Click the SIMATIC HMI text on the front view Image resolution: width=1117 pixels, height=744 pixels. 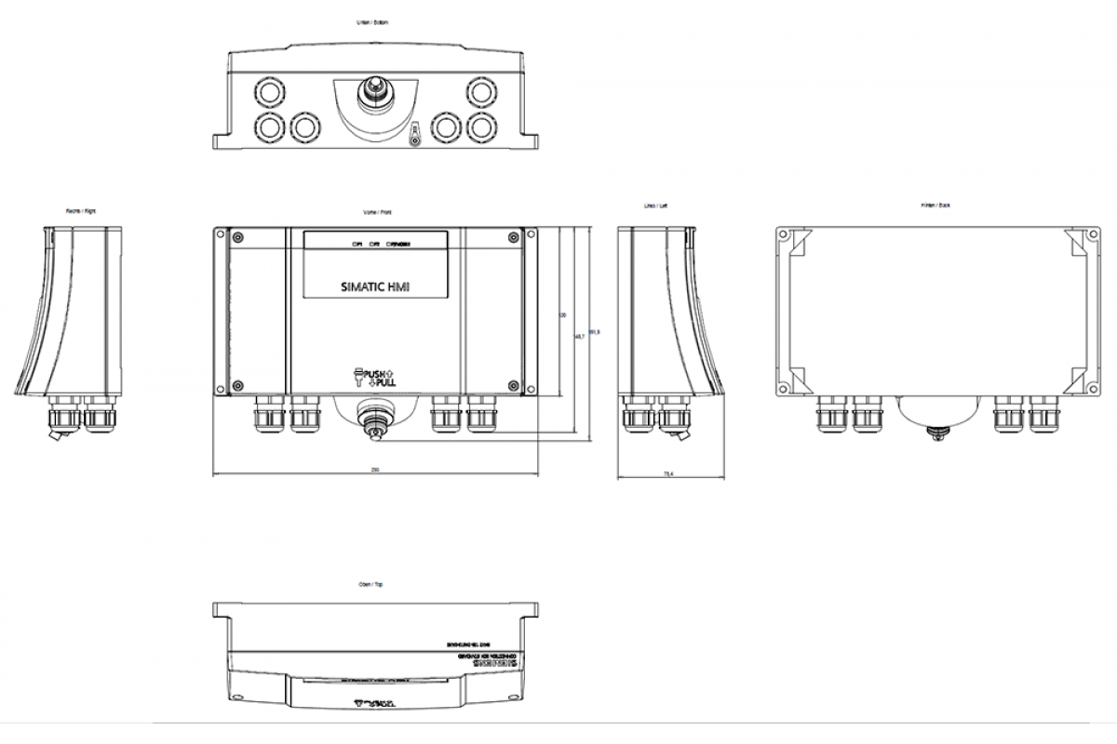click(376, 288)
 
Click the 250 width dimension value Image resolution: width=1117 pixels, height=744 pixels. click(374, 471)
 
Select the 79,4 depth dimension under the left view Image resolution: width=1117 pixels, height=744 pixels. click(667, 474)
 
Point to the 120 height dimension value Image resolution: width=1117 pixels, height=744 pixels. click(562, 314)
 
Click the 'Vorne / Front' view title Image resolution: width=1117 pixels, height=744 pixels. click(376, 212)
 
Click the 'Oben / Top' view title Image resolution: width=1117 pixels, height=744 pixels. click(371, 585)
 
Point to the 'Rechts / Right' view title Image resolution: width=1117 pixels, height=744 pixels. click(80, 211)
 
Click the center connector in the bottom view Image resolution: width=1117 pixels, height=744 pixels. click(375, 93)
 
